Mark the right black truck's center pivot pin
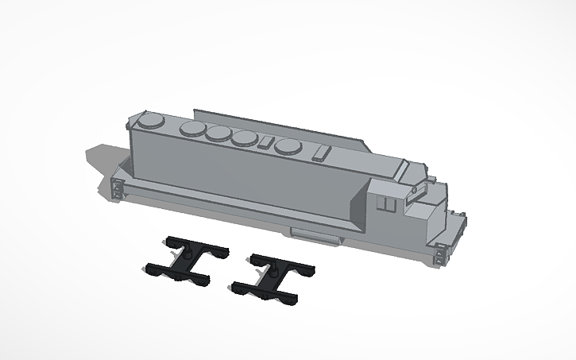pyautogui.click(x=270, y=273)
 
